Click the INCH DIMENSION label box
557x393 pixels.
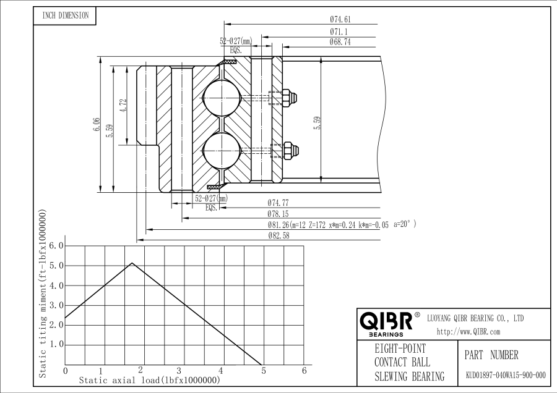pos(65,16)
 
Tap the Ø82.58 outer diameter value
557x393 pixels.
pos(279,235)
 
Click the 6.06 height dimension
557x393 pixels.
pos(97,124)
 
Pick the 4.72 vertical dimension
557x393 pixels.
pos(123,105)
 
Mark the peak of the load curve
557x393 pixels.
pos(132,263)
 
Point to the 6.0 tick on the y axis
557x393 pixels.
pos(56,245)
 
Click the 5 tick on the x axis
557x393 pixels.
pos(264,371)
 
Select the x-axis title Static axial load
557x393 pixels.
pos(149,380)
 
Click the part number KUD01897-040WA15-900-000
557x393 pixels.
pos(506,375)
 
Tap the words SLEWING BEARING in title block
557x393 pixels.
pos(409,376)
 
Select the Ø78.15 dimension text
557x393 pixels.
pos(278,214)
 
